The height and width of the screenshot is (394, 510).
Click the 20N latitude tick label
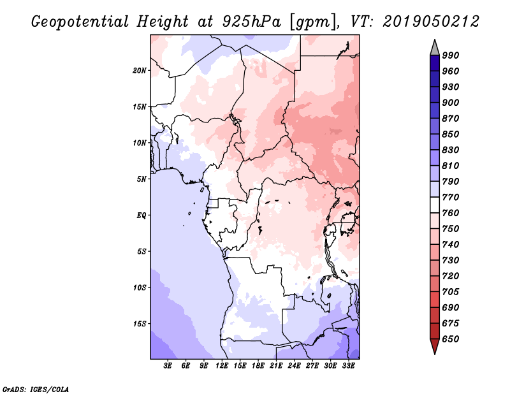coord(140,70)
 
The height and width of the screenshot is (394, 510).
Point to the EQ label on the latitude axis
coord(142,215)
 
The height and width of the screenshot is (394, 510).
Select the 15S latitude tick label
coord(140,323)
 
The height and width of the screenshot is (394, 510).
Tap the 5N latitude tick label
coord(142,179)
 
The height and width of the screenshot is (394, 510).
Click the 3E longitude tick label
coord(168,367)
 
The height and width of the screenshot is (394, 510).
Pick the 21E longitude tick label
coord(276,367)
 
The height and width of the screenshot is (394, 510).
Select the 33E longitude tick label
coord(348,367)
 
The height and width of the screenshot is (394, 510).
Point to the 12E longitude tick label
coord(222,367)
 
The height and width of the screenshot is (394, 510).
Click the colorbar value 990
coord(451,55)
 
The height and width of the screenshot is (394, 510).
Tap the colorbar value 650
coord(451,339)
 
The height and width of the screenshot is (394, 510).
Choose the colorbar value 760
coord(451,213)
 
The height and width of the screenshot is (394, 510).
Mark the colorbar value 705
coord(451,292)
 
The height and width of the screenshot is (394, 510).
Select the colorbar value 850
coord(451,135)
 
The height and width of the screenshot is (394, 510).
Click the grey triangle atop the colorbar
coord(435,47)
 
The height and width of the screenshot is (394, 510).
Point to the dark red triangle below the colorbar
coord(435,346)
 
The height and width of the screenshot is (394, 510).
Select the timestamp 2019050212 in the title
coord(431,21)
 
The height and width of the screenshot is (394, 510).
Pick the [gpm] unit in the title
coord(310,21)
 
